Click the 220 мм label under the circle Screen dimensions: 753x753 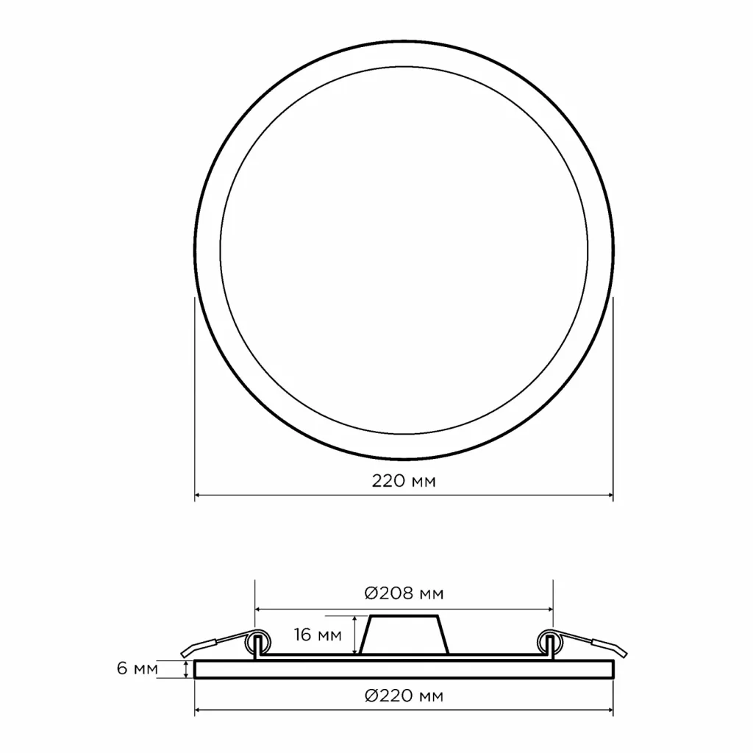click(x=404, y=481)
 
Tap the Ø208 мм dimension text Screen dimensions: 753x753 click(x=404, y=593)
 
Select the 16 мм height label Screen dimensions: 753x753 click(x=318, y=635)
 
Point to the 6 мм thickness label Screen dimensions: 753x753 click(x=138, y=668)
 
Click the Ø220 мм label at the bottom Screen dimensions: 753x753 click(x=404, y=696)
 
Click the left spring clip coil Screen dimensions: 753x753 click(x=258, y=642)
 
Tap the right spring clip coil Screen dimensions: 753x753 click(x=550, y=642)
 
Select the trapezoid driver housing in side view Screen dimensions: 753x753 click(x=404, y=635)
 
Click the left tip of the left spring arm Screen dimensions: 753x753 click(x=182, y=653)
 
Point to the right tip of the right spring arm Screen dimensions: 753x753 click(x=626, y=653)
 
